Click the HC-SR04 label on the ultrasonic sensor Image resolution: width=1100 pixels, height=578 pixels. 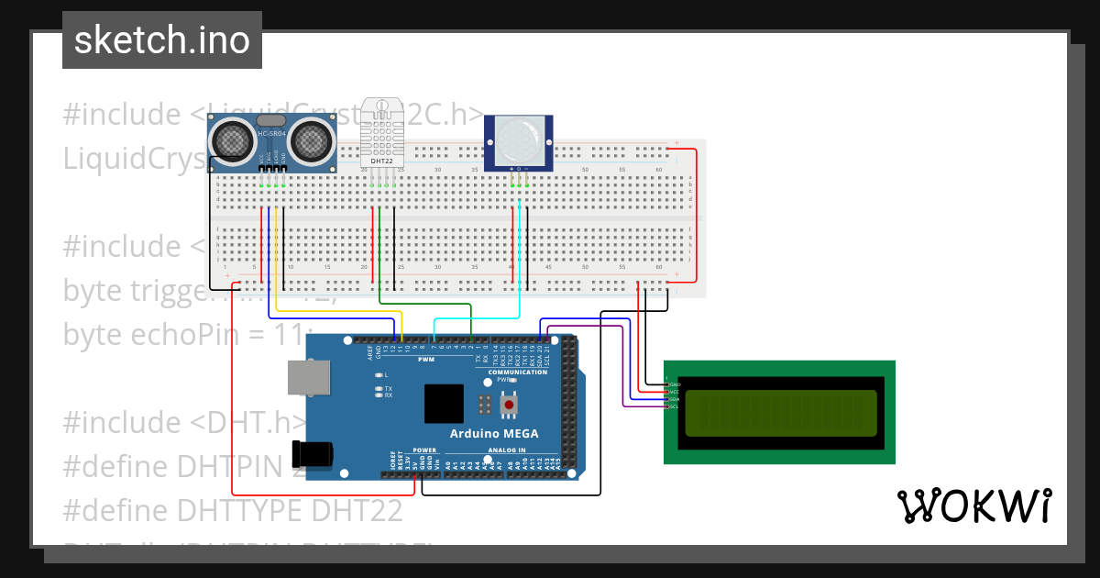271,136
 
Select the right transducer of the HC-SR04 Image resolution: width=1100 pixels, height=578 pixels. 312,139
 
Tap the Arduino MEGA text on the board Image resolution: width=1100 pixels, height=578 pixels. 494,433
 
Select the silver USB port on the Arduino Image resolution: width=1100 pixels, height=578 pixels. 309,377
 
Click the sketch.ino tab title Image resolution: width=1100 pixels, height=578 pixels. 162,40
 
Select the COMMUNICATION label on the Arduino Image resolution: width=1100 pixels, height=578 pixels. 518,372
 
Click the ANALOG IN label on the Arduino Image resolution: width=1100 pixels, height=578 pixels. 506,450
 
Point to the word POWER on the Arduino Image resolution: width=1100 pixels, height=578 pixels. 424,450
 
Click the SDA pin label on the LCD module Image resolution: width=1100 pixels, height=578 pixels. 675,399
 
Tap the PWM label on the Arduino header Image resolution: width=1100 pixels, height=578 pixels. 427,360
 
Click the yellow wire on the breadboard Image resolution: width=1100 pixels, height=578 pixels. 276,248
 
